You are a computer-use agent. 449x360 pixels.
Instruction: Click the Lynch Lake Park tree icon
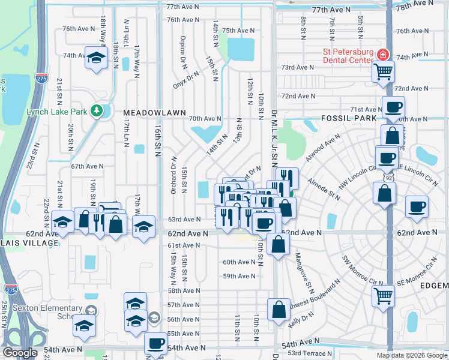point(95,111)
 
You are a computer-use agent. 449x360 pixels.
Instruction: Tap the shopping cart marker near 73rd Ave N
point(383,73)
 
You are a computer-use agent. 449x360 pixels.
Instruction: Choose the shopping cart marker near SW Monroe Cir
point(383,295)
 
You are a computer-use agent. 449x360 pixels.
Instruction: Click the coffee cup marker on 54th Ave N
point(155,344)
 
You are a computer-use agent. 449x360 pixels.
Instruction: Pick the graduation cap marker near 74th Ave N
point(95,58)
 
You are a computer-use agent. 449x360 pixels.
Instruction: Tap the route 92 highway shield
point(390,178)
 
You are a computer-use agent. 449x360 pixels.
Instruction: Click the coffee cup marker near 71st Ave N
point(393,107)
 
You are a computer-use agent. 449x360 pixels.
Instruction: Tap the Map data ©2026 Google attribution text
point(411,355)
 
